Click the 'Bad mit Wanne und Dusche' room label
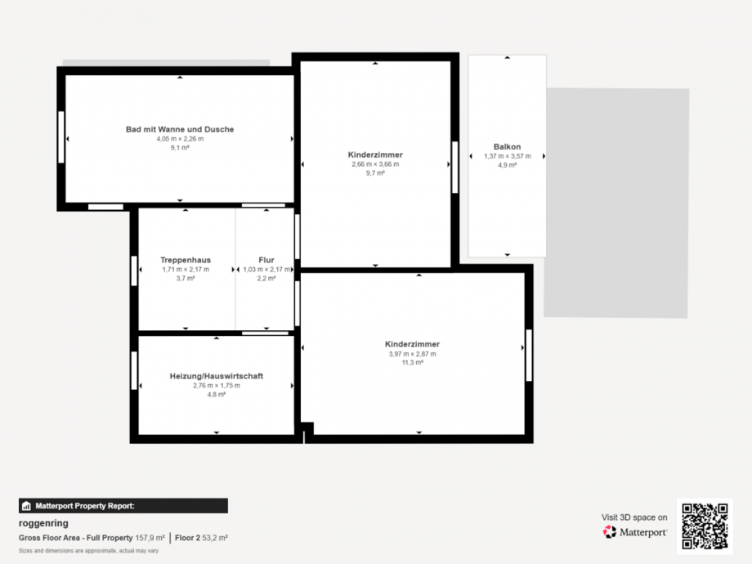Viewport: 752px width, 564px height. click(180, 129)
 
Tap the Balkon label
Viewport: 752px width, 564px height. click(507, 147)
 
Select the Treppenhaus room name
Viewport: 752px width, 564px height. click(186, 260)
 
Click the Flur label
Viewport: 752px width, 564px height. click(266, 260)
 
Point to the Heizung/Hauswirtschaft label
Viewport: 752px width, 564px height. click(217, 376)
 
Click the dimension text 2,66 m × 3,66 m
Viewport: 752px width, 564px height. click(375, 164)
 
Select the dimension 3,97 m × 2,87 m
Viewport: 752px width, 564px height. click(413, 354)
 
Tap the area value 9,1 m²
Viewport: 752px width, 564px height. click(180, 148)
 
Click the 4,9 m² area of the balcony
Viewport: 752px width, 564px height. click(507, 165)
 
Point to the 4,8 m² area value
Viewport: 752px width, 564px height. click(217, 394)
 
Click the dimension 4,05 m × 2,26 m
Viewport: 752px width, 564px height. click(180, 139)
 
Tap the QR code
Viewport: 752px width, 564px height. click(705, 526)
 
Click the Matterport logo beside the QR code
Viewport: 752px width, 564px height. click(634, 532)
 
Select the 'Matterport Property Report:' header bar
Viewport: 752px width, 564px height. click(123, 506)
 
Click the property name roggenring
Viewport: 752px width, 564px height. click(43, 523)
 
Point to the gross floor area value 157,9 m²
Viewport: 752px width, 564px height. click(150, 538)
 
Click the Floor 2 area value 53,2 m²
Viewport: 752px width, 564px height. click(215, 538)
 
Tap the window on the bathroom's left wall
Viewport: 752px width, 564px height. click(61, 137)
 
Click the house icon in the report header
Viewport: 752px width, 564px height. click(26, 506)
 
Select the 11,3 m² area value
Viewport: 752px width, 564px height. click(413, 363)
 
